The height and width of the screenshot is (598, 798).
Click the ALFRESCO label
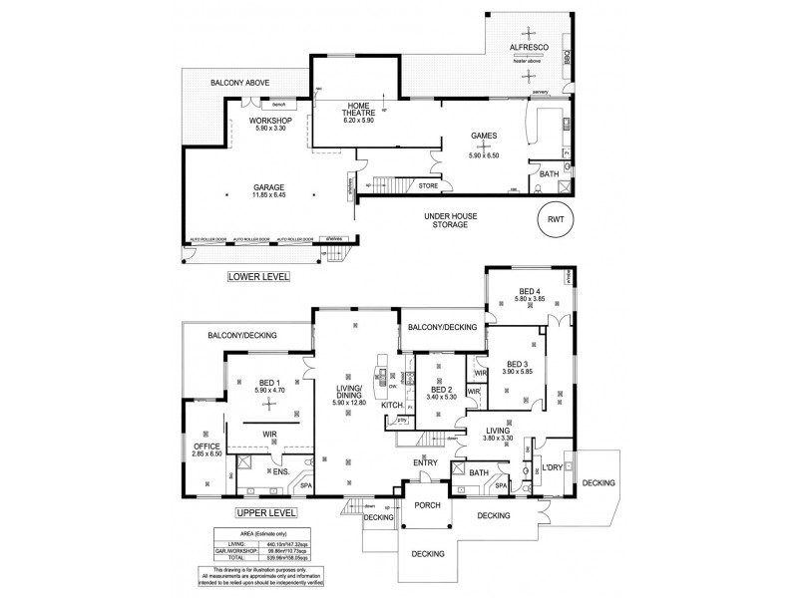pos(526,47)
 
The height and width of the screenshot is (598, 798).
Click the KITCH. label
pos(391,404)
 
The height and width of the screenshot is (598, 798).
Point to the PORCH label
pos(427,505)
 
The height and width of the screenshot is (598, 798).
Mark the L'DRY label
pos(552,466)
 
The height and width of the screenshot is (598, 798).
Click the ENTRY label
pos(428,463)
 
